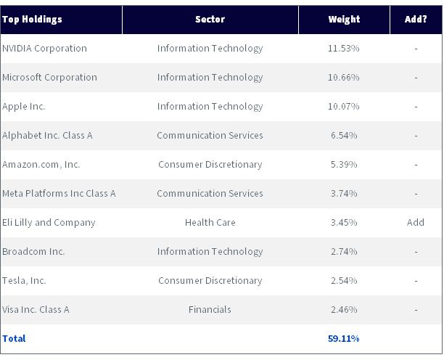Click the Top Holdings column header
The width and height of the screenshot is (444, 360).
point(32,20)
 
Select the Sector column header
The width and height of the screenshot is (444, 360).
point(210,20)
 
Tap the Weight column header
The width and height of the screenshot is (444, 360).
point(344,20)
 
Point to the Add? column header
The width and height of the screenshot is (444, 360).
point(416,20)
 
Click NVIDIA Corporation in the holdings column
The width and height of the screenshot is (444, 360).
point(44,49)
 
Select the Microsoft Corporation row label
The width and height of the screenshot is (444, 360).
point(49,78)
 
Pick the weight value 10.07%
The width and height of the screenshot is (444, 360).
point(343,106)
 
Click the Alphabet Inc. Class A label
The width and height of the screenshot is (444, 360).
point(47,136)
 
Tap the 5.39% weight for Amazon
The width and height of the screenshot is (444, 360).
point(344,164)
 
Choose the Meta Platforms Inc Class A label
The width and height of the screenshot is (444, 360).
point(59,194)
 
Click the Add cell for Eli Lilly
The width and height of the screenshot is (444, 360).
point(416,222)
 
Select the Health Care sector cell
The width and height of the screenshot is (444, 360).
point(210,222)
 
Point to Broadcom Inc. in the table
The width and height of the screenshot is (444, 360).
point(33,252)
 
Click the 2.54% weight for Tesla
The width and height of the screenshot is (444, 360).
point(344,280)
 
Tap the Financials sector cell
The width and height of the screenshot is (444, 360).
point(210,309)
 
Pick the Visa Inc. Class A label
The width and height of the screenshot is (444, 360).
point(36,310)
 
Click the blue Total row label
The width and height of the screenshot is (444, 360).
point(14,338)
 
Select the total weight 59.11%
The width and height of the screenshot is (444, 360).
point(343,338)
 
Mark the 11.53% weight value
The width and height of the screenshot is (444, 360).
point(343,48)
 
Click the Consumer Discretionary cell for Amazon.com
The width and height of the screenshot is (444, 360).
point(210,165)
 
